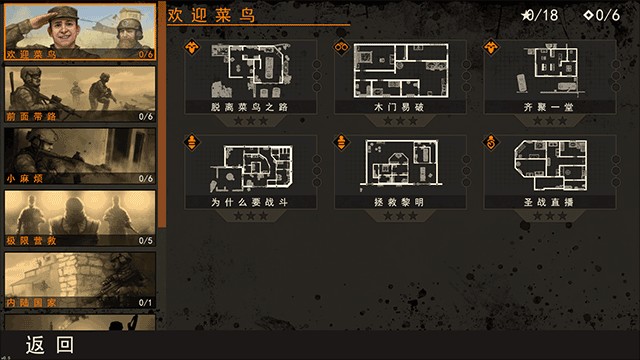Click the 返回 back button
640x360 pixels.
click(50, 345)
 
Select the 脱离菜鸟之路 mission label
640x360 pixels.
click(250, 105)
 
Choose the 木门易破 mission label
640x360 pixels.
click(401, 105)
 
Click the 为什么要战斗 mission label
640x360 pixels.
click(250, 201)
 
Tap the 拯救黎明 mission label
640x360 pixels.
click(401, 201)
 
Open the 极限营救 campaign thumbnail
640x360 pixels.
click(80, 217)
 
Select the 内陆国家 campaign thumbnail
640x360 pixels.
click(80, 279)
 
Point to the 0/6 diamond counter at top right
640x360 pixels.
click(602, 15)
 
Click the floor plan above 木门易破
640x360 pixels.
click(401, 68)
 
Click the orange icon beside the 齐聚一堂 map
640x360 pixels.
click(491, 47)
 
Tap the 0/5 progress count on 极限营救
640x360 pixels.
click(146, 241)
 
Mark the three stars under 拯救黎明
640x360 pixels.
click(401, 216)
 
